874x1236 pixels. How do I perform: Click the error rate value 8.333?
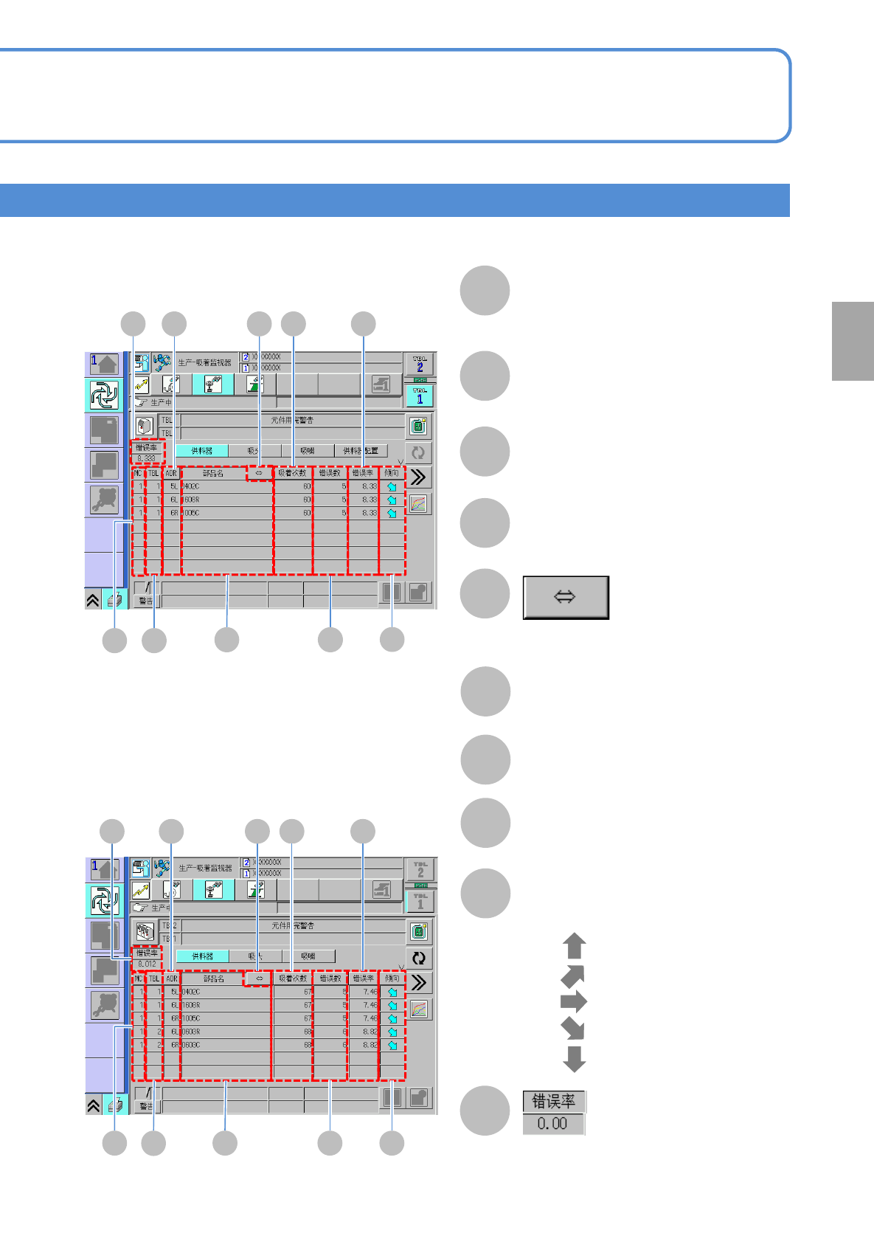point(146,458)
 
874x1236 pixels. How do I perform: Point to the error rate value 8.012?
point(147,964)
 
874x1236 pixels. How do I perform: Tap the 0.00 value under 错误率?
point(552,1124)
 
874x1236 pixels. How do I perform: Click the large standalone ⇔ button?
point(566,597)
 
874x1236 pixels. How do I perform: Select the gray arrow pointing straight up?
point(575,946)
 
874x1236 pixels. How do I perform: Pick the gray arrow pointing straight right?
point(574,1002)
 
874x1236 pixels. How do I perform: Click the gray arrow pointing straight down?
point(575,1058)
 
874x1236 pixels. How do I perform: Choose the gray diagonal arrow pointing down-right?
point(573,1029)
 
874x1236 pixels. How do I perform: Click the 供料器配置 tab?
point(361,451)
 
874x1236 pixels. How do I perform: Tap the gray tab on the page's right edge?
point(853,341)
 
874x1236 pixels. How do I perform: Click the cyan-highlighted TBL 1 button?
point(420,396)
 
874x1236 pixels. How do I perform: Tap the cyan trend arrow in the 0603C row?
point(392,1045)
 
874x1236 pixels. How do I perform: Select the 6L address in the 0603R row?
point(174,1032)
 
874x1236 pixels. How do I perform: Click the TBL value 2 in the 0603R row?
point(159,1032)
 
